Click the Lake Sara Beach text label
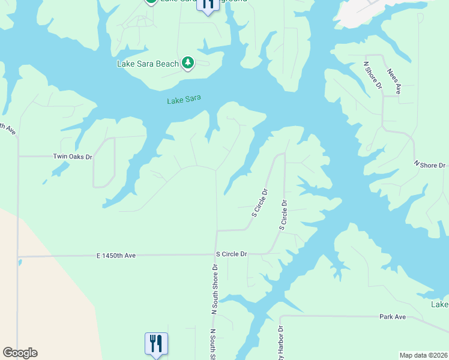point(147,64)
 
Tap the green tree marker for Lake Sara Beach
point(188,62)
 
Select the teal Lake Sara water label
point(184,100)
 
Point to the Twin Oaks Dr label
point(73,157)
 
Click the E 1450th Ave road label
point(116,256)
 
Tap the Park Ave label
point(393,316)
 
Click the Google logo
point(20,353)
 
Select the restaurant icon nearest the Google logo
point(156,344)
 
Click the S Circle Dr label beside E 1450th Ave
point(231,254)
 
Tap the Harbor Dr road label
point(279,342)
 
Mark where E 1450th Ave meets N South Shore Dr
point(216,255)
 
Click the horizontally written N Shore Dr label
point(430,164)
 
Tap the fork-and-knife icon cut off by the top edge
point(208,5)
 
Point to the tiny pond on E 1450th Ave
point(19,262)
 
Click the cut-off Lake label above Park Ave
point(439,305)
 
